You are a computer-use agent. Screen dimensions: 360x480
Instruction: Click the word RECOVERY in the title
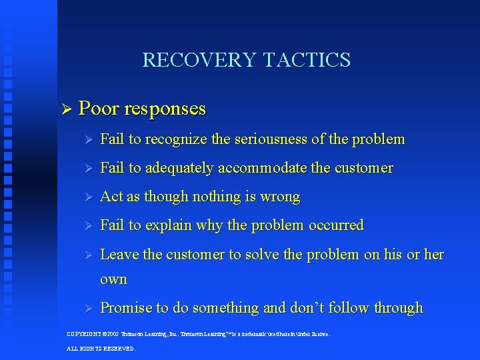(x=199, y=60)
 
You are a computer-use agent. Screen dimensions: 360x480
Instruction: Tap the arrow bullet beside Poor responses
(x=65, y=108)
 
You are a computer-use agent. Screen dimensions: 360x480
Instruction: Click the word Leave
(x=119, y=254)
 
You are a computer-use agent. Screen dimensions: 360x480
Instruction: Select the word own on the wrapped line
(x=113, y=279)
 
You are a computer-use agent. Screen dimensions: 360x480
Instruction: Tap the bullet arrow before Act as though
(x=86, y=197)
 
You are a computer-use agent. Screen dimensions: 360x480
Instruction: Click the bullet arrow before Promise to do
(x=86, y=308)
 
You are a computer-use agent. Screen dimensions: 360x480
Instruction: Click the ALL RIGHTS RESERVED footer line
(x=101, y=348)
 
